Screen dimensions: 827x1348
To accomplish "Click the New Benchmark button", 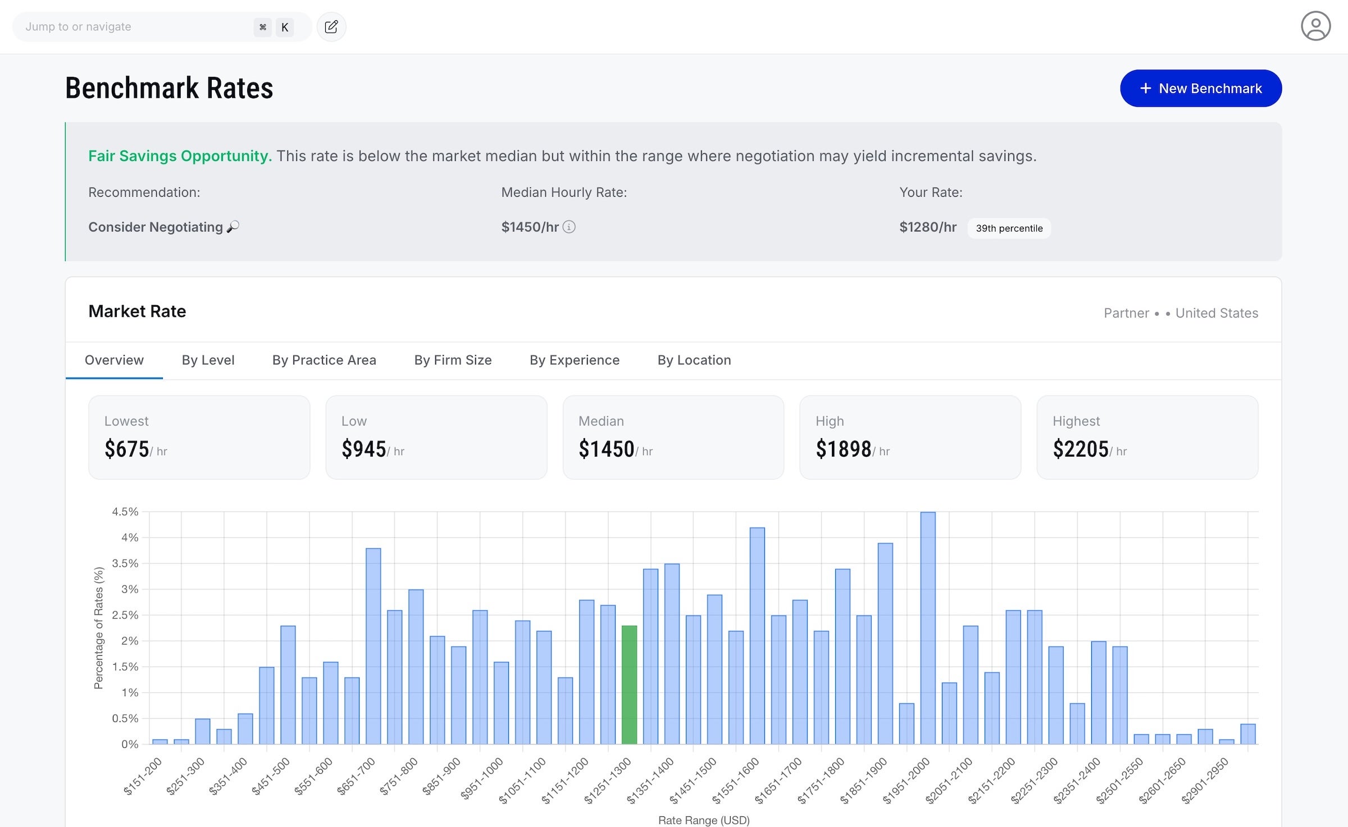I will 1200,88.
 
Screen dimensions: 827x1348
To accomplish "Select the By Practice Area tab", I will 324,360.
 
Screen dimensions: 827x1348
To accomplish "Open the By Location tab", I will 694,360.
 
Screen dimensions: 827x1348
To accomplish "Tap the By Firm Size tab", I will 453,360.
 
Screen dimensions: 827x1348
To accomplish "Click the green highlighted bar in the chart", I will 629,685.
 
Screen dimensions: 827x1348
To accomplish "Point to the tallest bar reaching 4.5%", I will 928,629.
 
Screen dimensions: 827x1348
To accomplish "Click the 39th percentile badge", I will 1009,228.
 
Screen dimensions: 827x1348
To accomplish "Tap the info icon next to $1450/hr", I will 569,227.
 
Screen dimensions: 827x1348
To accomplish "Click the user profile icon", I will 1315,26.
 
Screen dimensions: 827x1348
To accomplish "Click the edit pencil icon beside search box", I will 331,27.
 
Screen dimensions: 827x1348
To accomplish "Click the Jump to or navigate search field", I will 135,27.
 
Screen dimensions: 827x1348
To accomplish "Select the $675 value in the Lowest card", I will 127,449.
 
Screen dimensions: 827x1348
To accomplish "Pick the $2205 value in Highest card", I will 1080,449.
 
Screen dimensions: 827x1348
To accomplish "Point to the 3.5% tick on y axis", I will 125,564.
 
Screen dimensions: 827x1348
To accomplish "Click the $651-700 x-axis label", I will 356,776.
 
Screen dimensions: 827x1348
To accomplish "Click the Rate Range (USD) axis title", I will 703,820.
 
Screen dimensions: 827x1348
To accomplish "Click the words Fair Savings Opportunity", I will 180,156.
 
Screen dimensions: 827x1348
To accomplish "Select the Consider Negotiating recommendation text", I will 156,227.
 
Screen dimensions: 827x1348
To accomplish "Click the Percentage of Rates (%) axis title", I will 99,628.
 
